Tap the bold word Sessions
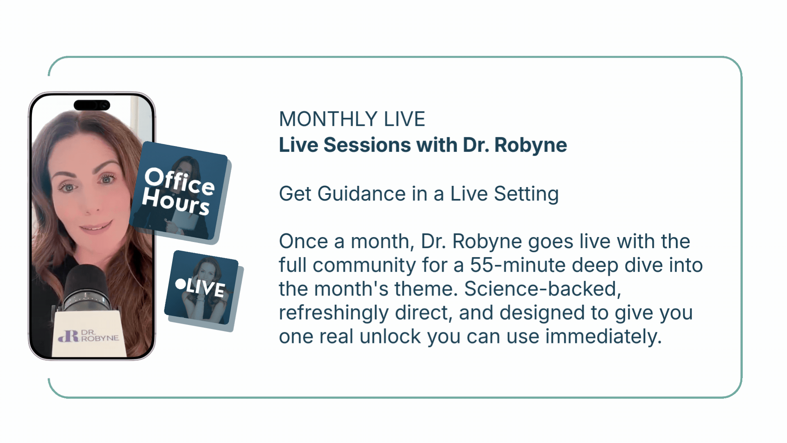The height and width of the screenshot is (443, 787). (367, 145)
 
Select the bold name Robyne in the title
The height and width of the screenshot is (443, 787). (530, 146)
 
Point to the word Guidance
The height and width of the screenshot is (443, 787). (362, 194)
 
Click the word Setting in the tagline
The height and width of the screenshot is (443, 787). (526, 194)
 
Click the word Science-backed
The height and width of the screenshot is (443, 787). (543, 289)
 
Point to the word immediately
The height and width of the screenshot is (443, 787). (603, 337)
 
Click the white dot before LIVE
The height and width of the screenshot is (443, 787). (180, 284)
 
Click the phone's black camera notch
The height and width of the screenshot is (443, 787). (92, 105)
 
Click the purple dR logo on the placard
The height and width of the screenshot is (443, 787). (68, 336)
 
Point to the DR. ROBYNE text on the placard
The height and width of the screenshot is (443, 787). (100, 336)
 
